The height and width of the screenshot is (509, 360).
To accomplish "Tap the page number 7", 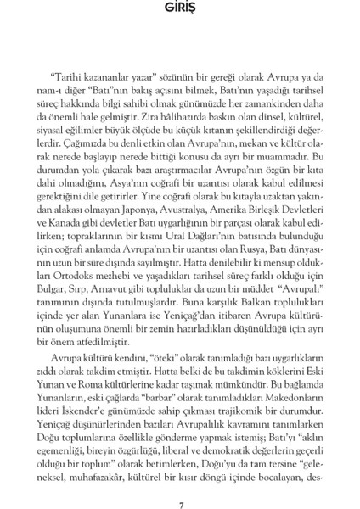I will tap(181, 483).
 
